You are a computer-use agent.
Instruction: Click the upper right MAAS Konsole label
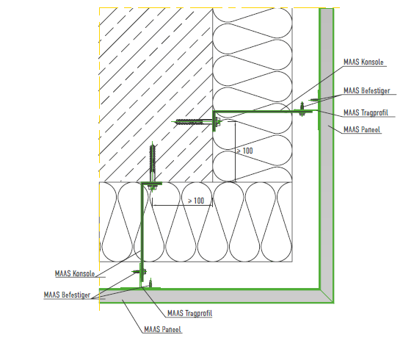click(x=363, y=62)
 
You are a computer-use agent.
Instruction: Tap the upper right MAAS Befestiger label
click(x=367, y=90)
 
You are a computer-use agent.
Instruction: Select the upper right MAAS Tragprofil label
click(x=366, y=112)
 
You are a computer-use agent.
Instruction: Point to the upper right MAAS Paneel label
click(x=362, y=129)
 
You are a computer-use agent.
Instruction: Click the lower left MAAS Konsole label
click(x=75, y=273)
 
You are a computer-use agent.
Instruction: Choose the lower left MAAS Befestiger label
click(x=67, y=295)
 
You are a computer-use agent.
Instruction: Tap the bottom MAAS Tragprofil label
click(x=189, y=313)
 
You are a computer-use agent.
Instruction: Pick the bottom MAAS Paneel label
click(x=162, y=329)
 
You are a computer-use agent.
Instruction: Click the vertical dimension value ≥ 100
click(x=245, y=151)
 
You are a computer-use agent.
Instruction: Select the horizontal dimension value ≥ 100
click(x=196, y=201)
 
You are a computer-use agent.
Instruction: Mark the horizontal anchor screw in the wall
click(x=194, y=122)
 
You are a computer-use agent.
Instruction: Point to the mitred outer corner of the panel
click(x=333, y=303)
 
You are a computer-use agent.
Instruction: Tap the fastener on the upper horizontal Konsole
click(x=302, y=109)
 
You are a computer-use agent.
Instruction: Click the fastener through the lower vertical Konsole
click(x=139, y=272)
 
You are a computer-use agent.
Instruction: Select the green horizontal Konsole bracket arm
click(x=263, y=112)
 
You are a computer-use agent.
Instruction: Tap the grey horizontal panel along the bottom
click(x=209, y=296)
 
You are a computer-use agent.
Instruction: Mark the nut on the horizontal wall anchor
click(x=218, y=122)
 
